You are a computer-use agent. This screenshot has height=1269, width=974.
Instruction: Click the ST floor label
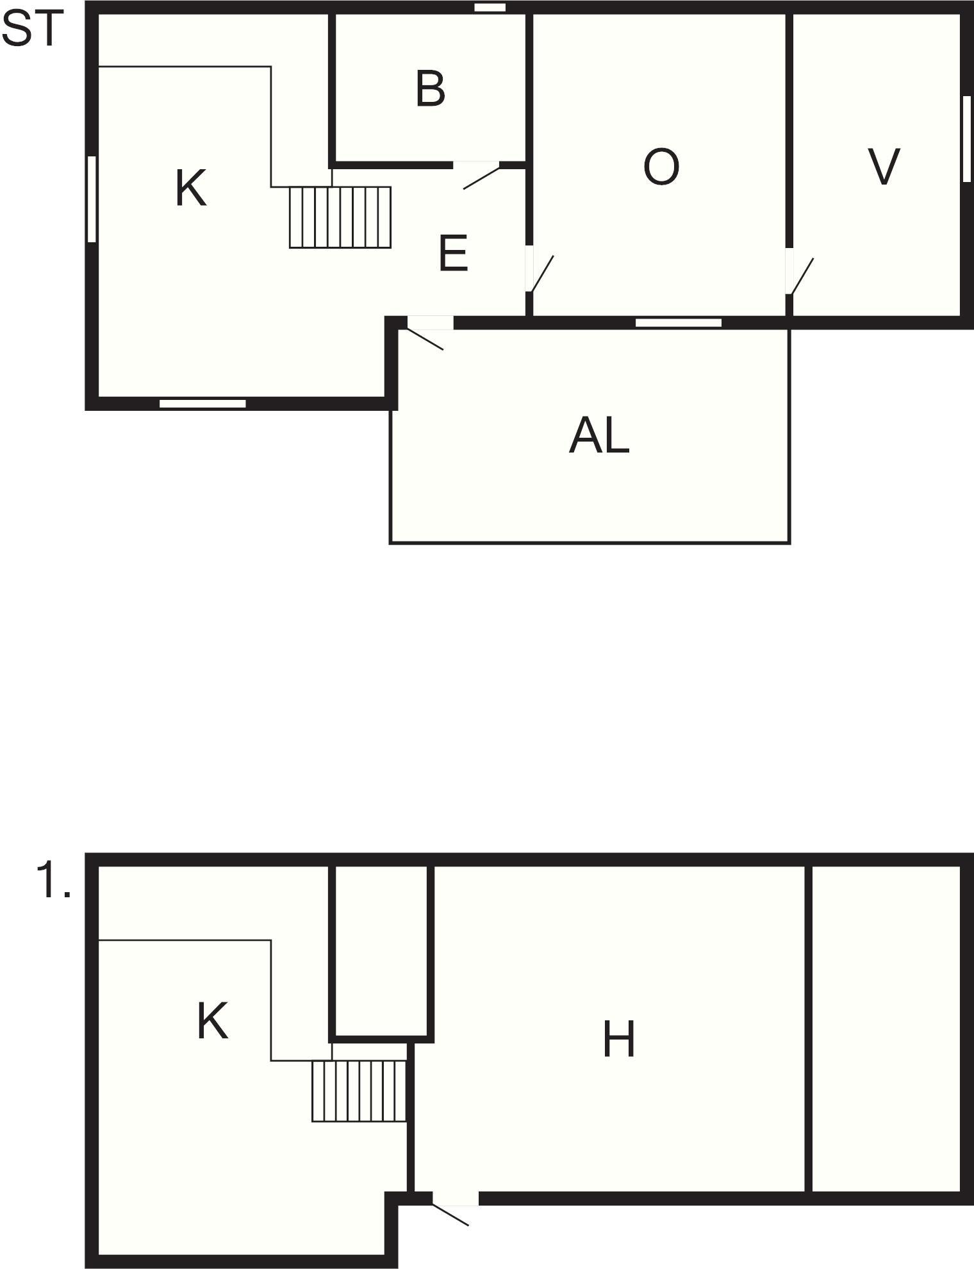tap(33, 29)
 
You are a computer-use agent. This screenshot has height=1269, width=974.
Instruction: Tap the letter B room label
tap(430, 89)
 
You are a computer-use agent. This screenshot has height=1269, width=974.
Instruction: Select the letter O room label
tap(661, 167)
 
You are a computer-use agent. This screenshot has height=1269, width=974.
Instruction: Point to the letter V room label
tap(884, 167)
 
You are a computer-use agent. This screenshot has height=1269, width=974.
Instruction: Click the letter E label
tap(453, 253)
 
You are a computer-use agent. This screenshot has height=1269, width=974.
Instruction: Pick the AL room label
tap(599, 436)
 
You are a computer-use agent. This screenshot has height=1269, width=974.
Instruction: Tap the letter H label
tap(618, 1040)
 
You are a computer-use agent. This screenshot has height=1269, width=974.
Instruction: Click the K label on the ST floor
tap(191, 188)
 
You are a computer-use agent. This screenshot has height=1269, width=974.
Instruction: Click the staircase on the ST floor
tap(340, 217)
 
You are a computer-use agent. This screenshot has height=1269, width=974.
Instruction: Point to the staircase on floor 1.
tap(359, 1091)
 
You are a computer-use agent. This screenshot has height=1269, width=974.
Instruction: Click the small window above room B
tap(490, 8)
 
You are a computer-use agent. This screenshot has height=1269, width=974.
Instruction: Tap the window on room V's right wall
tap(967, 138)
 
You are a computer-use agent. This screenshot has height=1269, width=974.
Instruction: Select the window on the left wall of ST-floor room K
tap(92, 199)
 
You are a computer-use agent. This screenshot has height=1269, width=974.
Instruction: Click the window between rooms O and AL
tap(679, 323)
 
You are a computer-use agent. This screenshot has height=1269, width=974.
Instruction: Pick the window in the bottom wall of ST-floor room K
tap(202, 404)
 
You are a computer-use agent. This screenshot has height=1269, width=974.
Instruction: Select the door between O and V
tap(798, 272)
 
